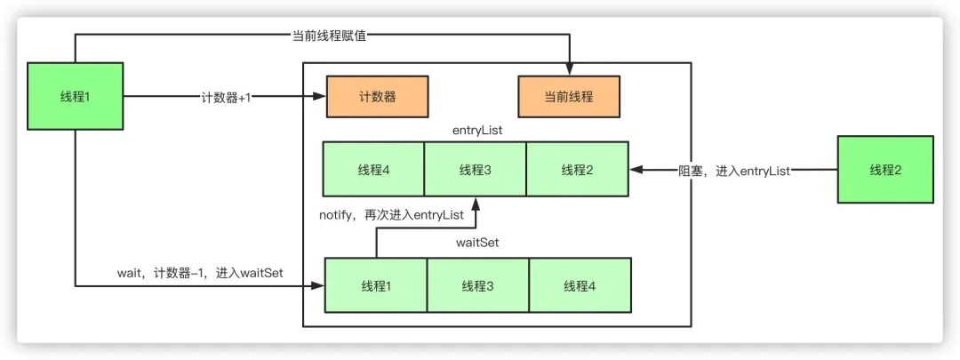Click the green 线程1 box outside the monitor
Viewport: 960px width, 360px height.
[x=75, y=96]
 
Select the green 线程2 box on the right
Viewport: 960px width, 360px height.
[x=884, y=169]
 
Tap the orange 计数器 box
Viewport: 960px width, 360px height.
[x=378, y=97]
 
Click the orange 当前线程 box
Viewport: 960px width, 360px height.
[x=569, y=97]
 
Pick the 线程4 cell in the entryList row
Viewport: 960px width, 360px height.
[x=373, y=169]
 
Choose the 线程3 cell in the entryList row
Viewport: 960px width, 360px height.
[x=476, y=169]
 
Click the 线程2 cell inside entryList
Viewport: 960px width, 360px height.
[x=577, y=169]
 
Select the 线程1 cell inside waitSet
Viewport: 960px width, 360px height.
[x=376, y=285]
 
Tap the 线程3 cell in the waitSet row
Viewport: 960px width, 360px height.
[x=478, y=285]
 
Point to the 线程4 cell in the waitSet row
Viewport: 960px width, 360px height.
[x=580, y=285]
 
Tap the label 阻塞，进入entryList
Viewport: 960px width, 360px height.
[x=732, y=169]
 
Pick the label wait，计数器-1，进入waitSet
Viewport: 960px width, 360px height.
[x=200, y=273]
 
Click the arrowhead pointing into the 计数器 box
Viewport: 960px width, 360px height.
[x=320, y=97]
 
